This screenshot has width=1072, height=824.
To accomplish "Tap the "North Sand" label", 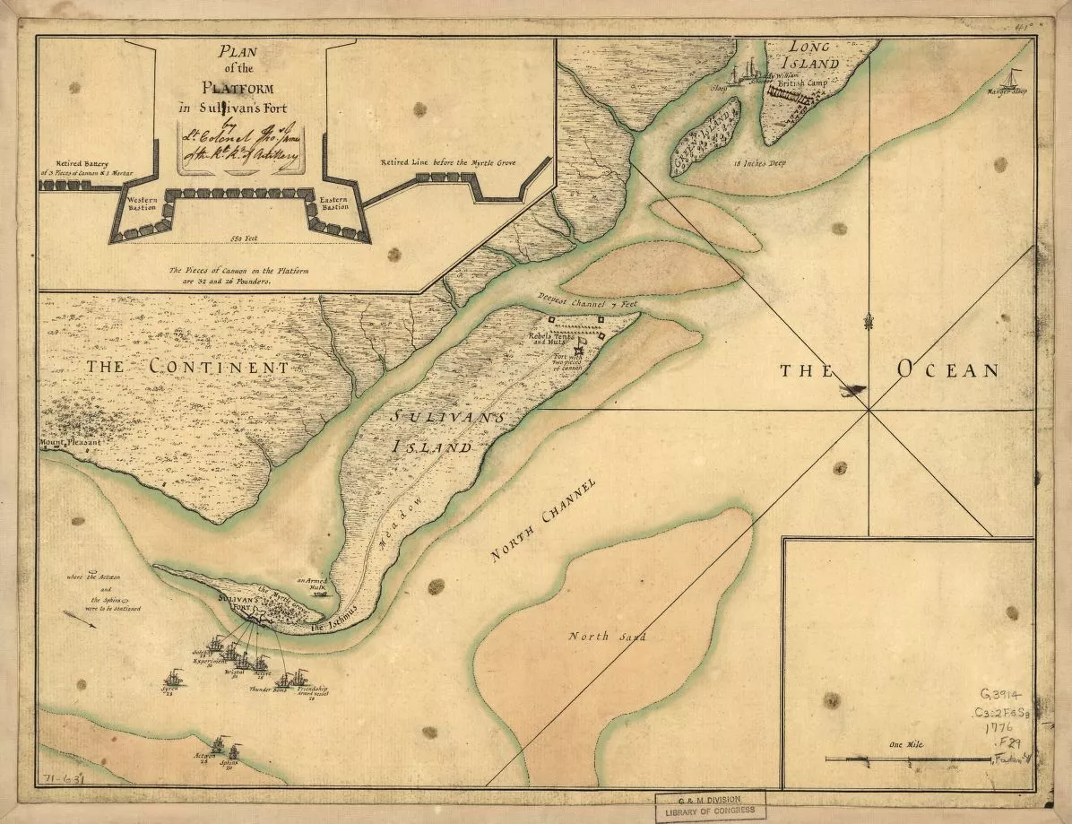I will coord(595,637).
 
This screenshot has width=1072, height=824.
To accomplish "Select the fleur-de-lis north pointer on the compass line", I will coord(869,320).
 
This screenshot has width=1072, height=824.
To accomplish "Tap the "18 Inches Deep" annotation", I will coord(759,164).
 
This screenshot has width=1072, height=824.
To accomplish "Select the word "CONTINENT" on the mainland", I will coord(219,367).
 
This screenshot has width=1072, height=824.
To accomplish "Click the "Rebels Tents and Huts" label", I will coord(552,338).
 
